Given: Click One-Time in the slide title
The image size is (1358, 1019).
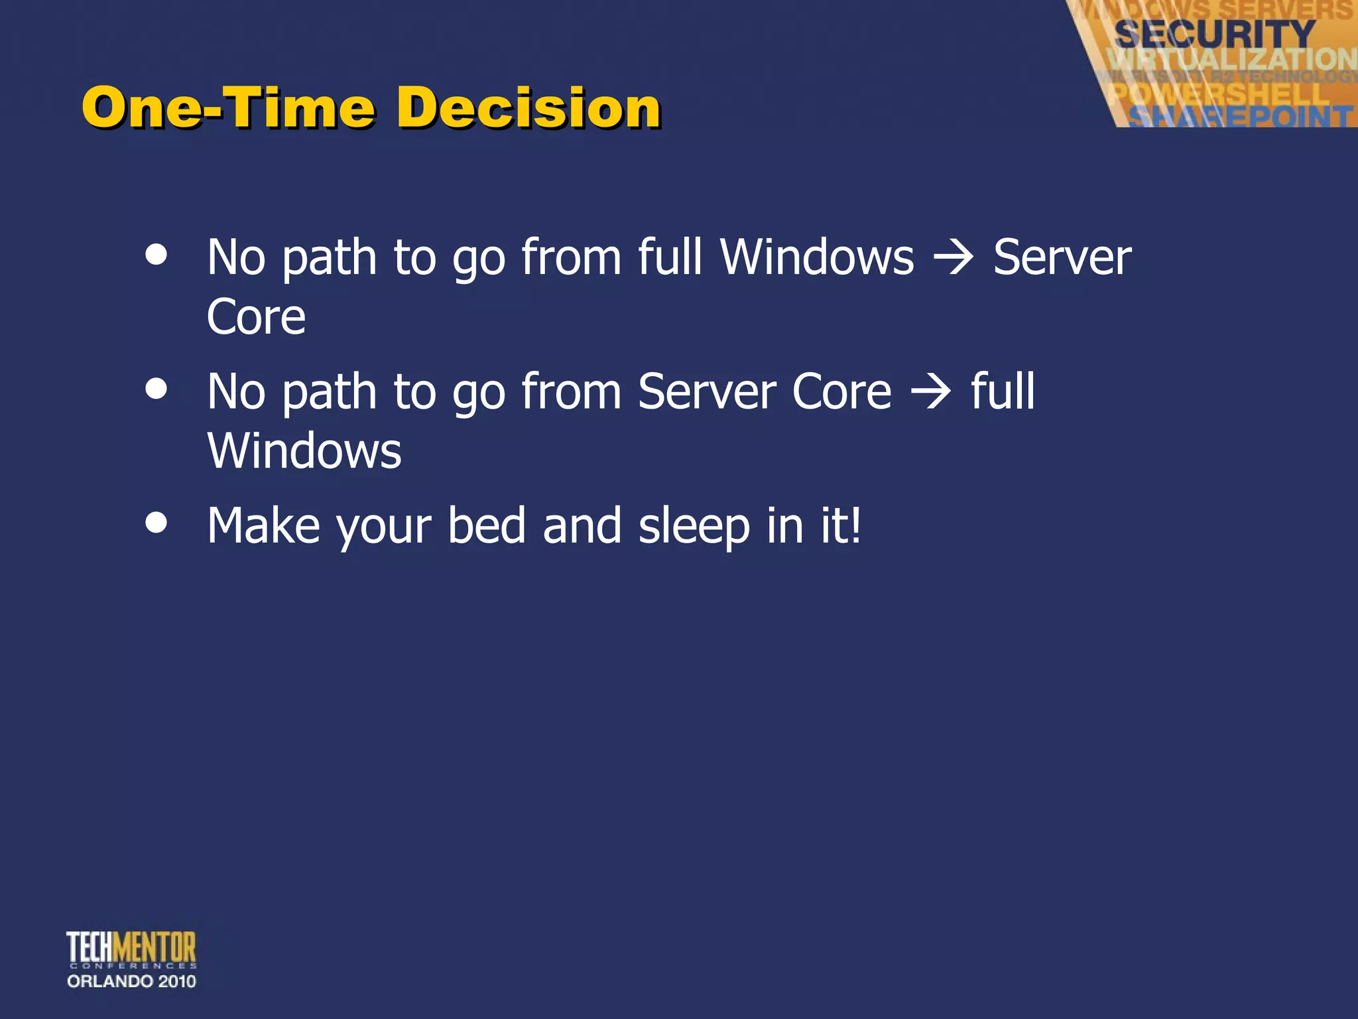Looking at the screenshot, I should (x=229, y=107).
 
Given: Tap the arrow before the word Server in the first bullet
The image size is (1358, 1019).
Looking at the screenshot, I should (x=954, y=257).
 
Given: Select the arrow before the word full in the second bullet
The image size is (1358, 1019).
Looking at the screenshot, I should (x=931, y=392).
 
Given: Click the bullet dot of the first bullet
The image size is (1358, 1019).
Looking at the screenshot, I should (x=156, y=255).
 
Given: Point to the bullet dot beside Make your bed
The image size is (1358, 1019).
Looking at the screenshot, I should (x=156, y=522).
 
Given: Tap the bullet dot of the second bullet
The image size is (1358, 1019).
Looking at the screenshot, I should (x=156, y=389).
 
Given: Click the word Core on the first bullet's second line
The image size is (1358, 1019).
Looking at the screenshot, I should (x=256, y=317).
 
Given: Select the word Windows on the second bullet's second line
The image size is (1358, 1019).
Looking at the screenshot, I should (x=304, y=451).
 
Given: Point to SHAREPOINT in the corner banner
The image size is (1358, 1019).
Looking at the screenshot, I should (x=1240, y=117).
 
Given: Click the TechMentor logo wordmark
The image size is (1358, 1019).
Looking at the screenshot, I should (x=131, y=947).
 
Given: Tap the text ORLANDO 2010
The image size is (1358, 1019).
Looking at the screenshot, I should (x=131, y=981).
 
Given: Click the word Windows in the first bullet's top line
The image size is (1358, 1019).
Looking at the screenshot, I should (x=817, y=257).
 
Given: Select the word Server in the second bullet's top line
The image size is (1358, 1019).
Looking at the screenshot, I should (x=707, y=392).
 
